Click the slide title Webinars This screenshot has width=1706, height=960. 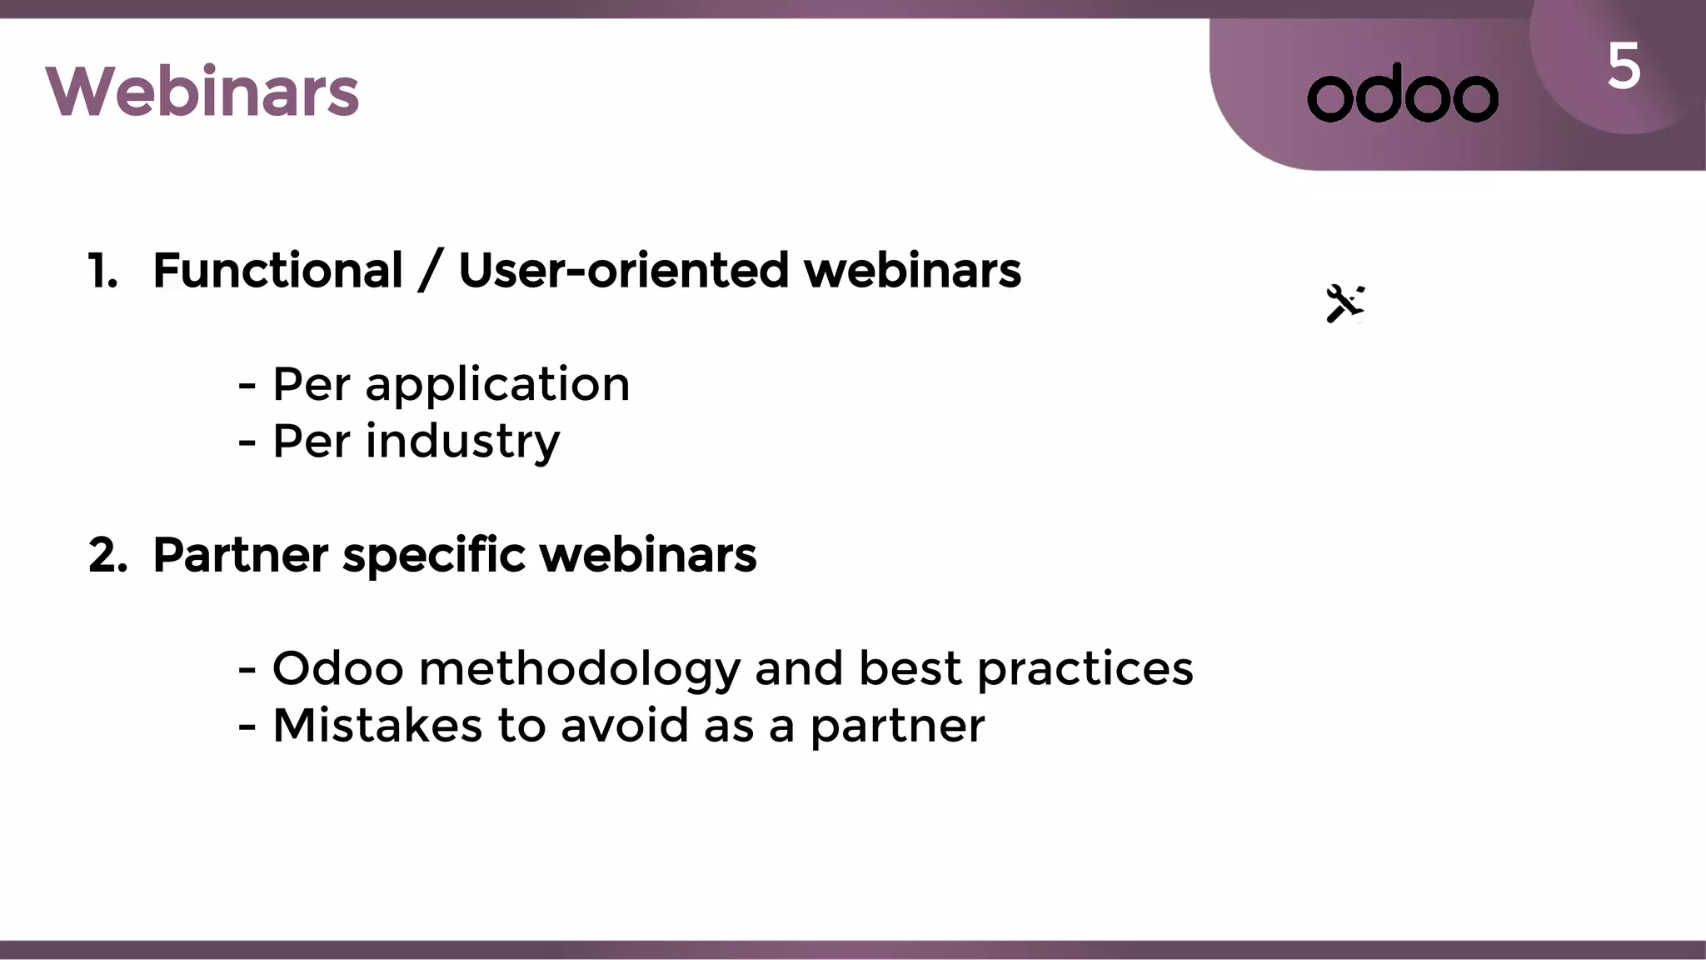202,92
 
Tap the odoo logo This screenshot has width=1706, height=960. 1403,94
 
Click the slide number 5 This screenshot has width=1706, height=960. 1624,67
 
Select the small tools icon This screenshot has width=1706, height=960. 1344,303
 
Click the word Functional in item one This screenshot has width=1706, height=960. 278,271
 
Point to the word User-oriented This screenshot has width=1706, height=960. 623,271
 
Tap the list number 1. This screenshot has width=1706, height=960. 102,272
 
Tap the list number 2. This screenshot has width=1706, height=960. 107,555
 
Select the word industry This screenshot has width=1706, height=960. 463,442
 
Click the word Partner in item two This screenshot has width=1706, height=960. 241,555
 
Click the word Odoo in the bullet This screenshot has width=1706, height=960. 337,668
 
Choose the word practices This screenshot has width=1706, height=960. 1085,669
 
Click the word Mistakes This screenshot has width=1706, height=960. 377,725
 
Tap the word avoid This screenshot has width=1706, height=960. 625,725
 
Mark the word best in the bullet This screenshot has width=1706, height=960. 910,668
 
